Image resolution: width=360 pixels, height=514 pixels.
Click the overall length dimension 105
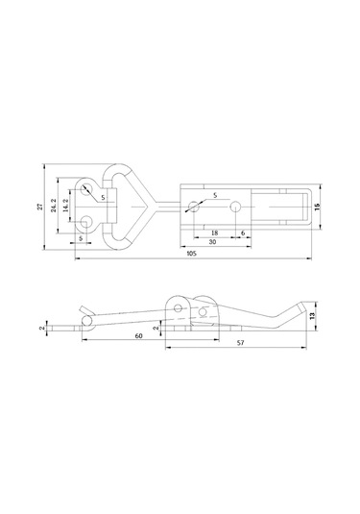point(191,254)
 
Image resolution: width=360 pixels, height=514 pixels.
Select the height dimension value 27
point(40,207)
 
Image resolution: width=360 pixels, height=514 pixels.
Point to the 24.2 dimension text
point(54,206)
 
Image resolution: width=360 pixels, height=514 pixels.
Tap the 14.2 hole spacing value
point(66,206)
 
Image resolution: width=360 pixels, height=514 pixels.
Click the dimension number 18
point(214,233)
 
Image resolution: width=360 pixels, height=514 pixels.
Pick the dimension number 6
point(243,233)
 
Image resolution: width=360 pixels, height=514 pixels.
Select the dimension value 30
point(212,242)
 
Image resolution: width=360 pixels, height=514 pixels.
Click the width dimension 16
point(317,207)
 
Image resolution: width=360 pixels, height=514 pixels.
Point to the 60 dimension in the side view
point(139,336)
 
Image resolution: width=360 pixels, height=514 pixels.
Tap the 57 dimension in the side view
point(240,343)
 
